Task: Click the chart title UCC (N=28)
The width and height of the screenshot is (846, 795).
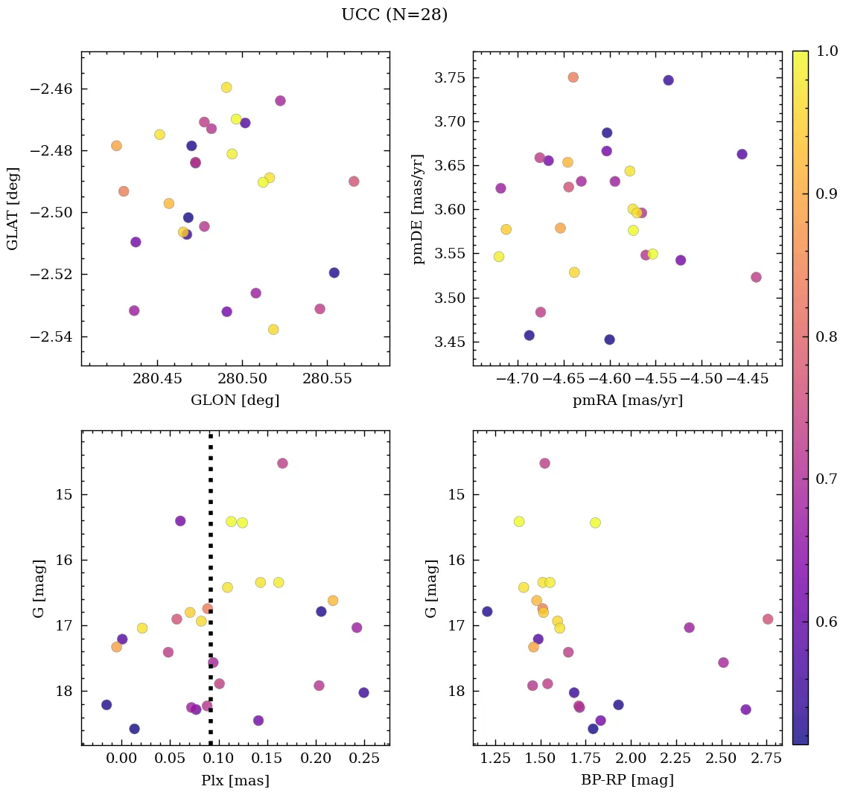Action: coord(395,15)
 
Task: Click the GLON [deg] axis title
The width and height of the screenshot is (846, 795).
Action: coord(235,400)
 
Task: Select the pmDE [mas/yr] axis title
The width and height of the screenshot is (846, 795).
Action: coord(419,208)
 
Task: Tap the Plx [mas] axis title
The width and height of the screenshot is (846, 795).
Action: coord(235,780)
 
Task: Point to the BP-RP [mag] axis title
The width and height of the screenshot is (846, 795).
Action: coord(627,780)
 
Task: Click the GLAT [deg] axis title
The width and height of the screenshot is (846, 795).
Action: coord(13,208)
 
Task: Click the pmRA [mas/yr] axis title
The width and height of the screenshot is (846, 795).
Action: coord(627,400)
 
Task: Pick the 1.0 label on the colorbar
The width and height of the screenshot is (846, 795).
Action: coord(827,51)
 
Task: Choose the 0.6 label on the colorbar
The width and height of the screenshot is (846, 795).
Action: coord(827,622)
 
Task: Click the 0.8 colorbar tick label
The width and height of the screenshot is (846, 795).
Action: coord(827,336)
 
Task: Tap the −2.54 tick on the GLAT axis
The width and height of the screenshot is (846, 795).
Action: coord(51,336)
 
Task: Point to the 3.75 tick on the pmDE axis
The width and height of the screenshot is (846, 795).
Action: coord(448,77)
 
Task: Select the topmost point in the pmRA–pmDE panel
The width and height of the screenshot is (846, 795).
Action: coord(573,77)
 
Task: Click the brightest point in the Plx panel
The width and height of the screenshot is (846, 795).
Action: coord(282,463)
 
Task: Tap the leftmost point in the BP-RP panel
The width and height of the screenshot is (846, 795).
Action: coord(487,611)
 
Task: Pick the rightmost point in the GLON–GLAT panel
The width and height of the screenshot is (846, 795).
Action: coord(354,182)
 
